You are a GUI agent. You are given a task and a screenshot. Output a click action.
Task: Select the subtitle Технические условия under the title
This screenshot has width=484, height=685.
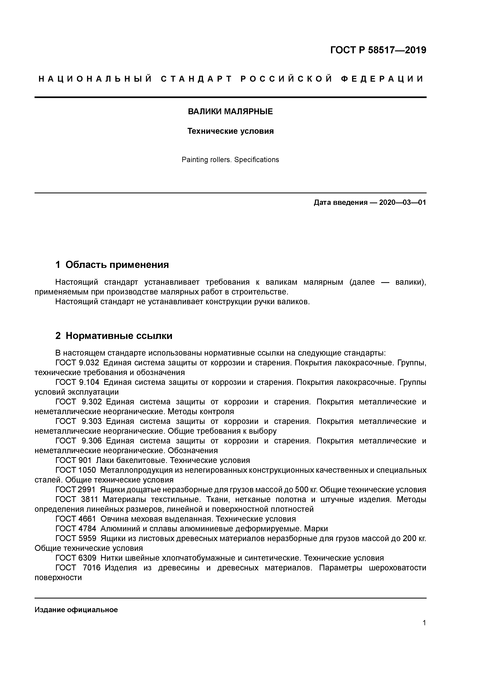pyautogui.click(x=230, y=131)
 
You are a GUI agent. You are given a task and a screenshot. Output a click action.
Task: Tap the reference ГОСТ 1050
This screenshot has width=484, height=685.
pyautogui.click(x=76, y=470)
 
